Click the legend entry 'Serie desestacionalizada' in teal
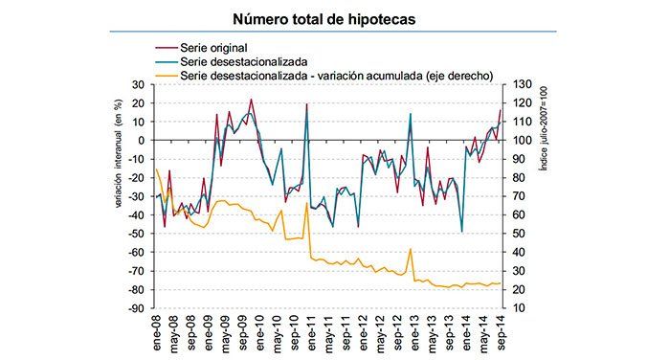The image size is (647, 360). [237, 60]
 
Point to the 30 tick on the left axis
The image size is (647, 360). [138, 84]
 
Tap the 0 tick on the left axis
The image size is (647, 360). [141, 140]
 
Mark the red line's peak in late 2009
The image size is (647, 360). [251, 99]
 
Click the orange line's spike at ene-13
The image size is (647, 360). [411, 249]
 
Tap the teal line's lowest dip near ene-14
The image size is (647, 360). [462, 232]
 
